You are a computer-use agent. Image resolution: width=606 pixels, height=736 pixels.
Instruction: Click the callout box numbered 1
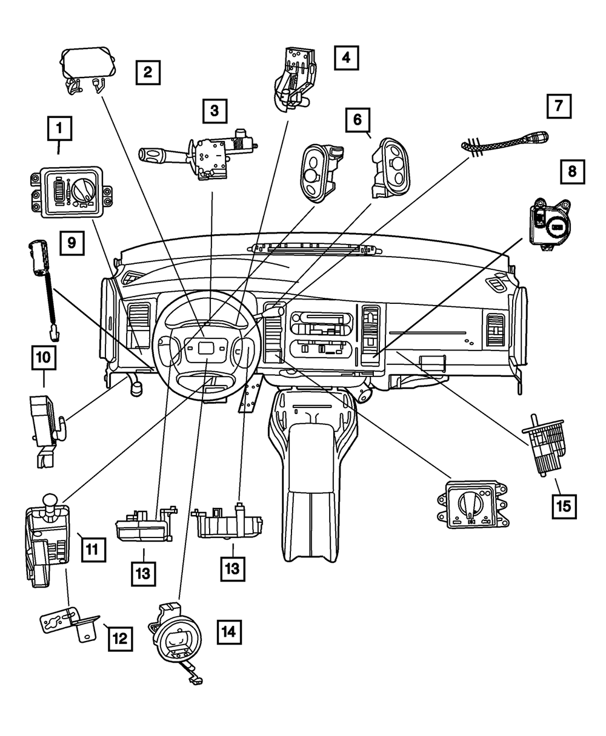pyautogui.click(x=59, y=128)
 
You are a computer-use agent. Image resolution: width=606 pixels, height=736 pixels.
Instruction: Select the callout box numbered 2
pyautogui.click(x=147, y=73)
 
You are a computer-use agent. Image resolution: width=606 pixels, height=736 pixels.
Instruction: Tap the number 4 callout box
pyautogui.click(x=345, y=58)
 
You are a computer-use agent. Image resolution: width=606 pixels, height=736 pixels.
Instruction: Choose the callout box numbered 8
pyautogui.click(x=572, y=171)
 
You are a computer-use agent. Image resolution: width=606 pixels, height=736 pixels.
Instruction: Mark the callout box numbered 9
pyautogui.click(x=72, y=243)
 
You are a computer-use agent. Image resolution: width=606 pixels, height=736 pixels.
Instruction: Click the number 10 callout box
pyautogui.click(x=44, y=359)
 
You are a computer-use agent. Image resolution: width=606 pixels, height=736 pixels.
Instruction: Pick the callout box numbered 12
pyautogui.click(x=120, y=638)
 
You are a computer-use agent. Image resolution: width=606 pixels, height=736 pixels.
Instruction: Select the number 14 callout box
pyautogui.click(x=228, y=632)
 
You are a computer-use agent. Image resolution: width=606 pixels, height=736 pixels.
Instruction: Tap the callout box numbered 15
pyautogui.click(x=564, y=507)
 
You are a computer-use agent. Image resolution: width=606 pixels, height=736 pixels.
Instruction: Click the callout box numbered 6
pyautogui.click(x=358, y=120)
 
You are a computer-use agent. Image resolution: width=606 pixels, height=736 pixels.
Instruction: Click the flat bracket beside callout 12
pyautogui.click(x=67, y=623)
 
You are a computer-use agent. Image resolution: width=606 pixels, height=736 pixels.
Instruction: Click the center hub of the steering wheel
pyautogui.click(x=206, y=350)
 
